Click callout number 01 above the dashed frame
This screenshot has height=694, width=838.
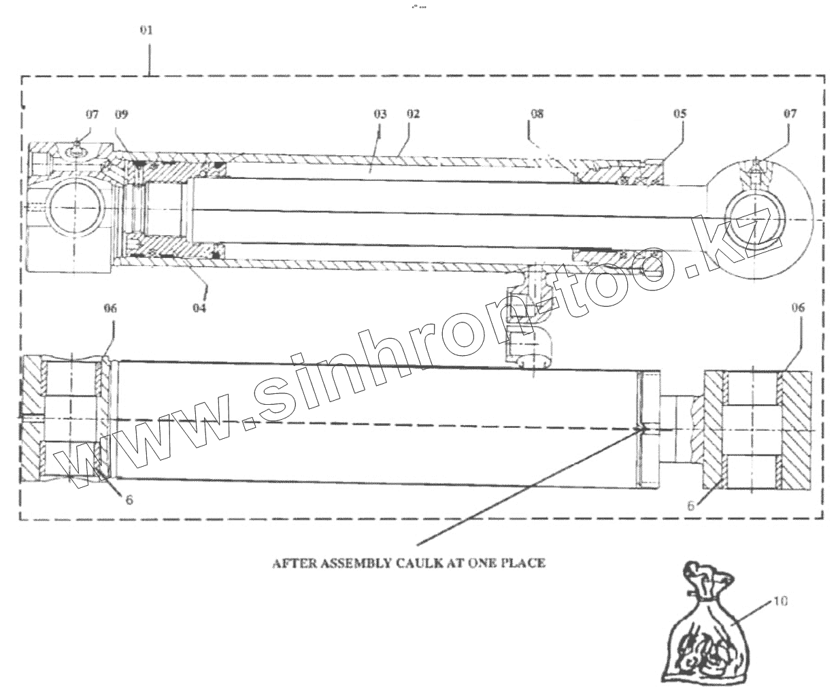point(148,30)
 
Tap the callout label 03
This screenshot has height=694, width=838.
point(379,114)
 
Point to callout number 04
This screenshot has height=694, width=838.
point(198,308)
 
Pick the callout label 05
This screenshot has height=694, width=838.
point(680,114)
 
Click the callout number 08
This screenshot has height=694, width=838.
point(537,114)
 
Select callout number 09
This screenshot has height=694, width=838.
point(121,114)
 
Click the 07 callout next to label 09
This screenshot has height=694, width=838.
point(92,114)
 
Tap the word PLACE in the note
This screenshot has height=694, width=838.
point(526,563)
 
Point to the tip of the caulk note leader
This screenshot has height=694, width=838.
point(641,429)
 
